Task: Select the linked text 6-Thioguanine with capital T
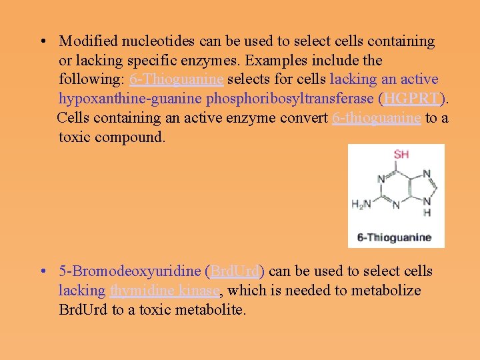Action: pos(177,79)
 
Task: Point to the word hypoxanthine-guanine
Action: pos(130,99)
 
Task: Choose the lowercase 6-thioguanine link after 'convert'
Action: pos(376,118)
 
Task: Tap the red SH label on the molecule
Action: pos(401,154)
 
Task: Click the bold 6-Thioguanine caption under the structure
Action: pos(394,237)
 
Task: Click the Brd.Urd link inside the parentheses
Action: pos(235,271)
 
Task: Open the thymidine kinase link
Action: pos(165,291)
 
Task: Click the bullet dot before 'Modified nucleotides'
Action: pos(43,42)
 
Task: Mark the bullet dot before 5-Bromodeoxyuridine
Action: pos(43,272)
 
